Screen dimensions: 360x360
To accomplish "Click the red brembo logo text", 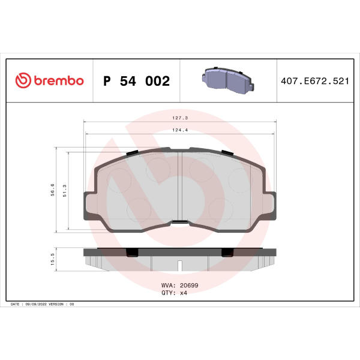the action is point(59,80).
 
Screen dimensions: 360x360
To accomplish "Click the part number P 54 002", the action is point(136,81).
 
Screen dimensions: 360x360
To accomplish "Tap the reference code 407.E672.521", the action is point(315,81).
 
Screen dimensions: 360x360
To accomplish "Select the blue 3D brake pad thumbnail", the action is point(228,80).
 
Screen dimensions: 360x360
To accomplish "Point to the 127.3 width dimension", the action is point(180,118).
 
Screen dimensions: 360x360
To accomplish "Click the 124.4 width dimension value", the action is point(180,130).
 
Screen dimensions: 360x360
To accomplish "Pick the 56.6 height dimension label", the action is point(53,190).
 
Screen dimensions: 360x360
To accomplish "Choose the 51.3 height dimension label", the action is point(65,191).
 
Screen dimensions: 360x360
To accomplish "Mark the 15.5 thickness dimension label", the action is point(53,259).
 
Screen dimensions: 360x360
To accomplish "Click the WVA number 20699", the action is point(189,285).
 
